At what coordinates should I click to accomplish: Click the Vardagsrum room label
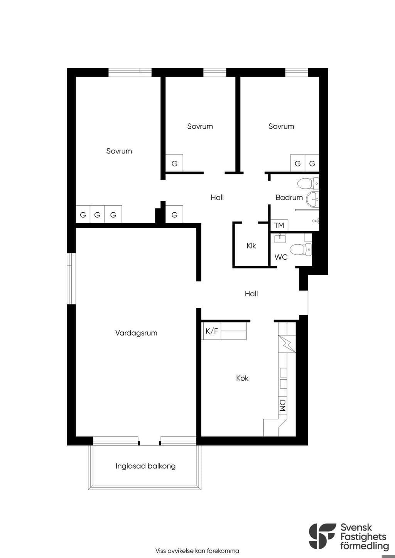coord(136,333)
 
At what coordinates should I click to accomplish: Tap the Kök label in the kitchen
coord(242,378)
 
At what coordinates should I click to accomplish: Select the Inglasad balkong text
coord(145,466)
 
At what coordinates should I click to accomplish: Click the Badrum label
coord(289,198)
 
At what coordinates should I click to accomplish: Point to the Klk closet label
coord(251,245)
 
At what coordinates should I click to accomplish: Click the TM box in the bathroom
coord(279,225)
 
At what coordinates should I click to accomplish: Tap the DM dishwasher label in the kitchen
coord(282,407)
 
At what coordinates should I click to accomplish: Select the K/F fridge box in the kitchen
coord(211,331)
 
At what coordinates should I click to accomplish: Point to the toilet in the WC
coord(301,249)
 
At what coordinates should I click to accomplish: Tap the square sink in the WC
coord(280,238)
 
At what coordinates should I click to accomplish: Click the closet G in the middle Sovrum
coord(174,163)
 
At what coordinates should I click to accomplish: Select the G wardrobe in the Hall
coord(174,214)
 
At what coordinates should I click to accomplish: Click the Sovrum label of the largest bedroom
coord(119,151)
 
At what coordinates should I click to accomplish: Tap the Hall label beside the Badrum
coord(217,198)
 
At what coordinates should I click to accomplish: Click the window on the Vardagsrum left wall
coord(71,279)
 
